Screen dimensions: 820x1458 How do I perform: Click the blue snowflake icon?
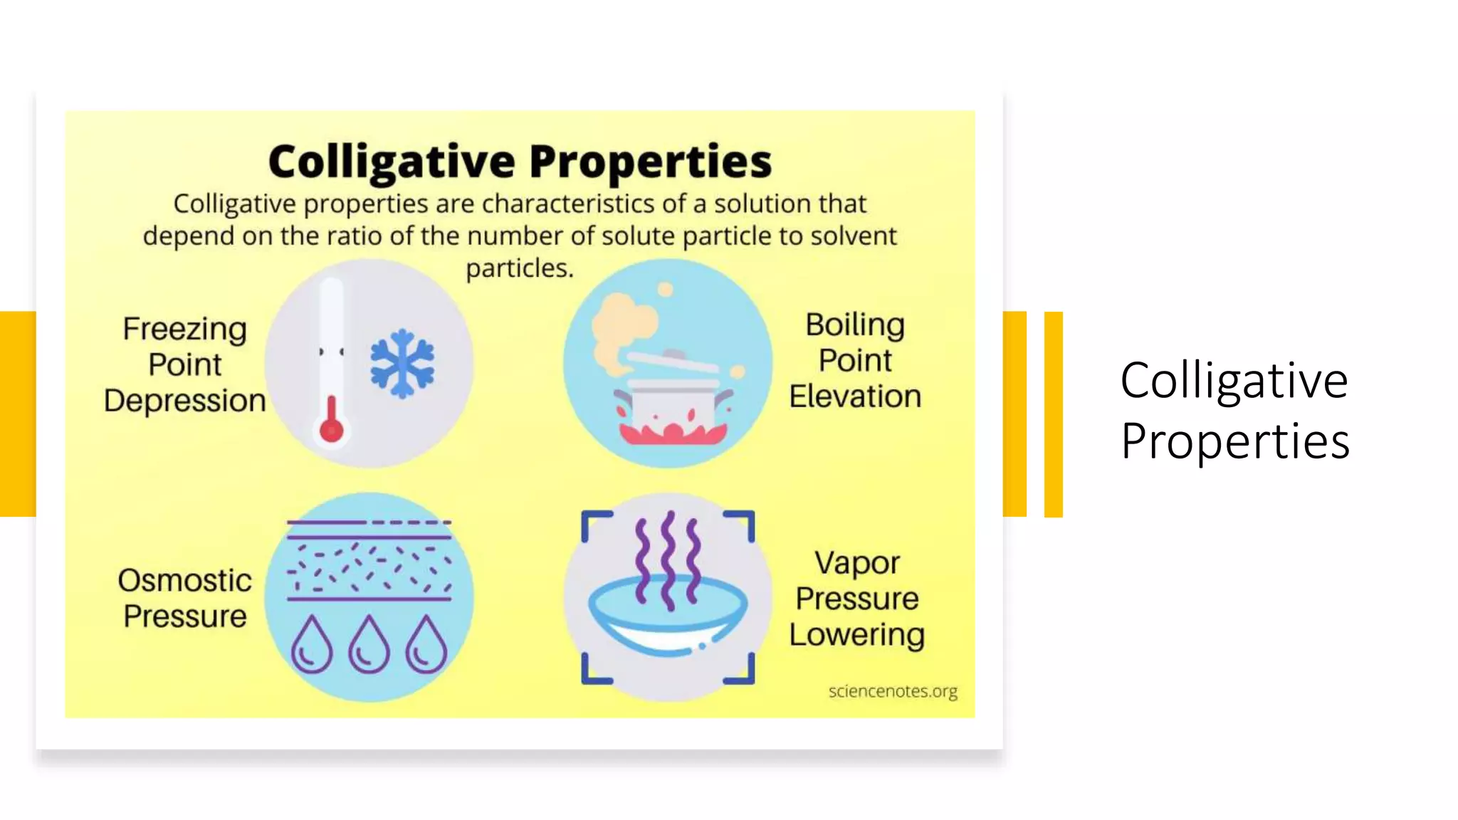402,363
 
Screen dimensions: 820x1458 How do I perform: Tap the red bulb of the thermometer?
332,429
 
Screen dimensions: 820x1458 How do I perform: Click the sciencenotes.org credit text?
892,691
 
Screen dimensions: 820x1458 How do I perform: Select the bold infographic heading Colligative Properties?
520,161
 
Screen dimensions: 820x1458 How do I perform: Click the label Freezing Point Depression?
185,364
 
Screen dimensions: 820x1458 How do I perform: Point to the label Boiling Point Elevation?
855,360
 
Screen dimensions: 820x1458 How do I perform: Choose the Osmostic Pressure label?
185,598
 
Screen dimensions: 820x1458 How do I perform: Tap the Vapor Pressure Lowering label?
856,599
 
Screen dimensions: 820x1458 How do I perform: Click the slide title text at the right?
1234,410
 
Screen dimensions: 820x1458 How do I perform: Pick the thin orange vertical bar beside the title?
1053,414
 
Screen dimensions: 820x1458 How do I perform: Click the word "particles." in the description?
520,268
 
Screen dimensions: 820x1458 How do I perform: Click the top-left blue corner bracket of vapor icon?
595,524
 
